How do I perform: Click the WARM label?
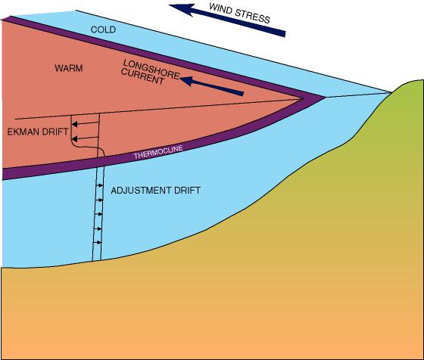(68, 68)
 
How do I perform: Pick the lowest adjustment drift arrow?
(99, 242)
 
